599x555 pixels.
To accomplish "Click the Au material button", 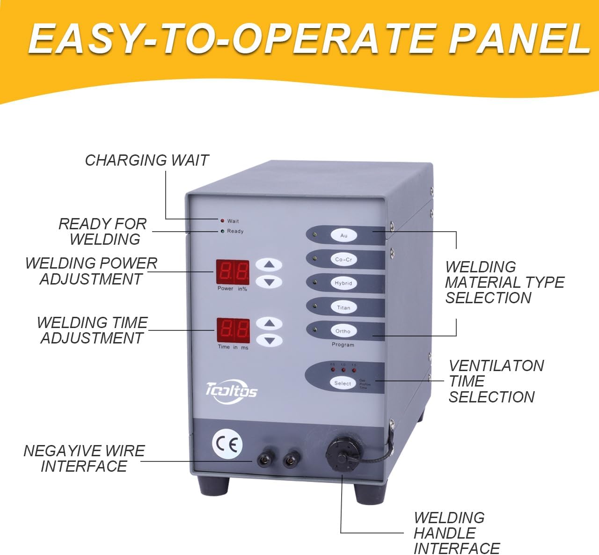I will point(343,235).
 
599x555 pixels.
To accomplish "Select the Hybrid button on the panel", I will point(343,283).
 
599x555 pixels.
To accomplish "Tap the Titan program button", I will point(343,307).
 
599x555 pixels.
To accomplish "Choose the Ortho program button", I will point(343,331).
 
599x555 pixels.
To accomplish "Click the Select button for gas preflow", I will point(342,383).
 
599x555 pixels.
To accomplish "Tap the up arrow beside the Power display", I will point(269,265).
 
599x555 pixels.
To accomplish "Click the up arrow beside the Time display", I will point(269,323).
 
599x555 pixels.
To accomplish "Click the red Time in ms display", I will point(233,330).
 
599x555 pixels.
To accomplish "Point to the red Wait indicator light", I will point(222,220).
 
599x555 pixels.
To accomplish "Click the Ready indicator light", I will point(222,231).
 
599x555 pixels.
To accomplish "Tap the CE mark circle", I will point(227,444).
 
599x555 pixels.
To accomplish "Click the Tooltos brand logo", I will point(231,389).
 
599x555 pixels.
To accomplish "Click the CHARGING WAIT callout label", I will point(146,161).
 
